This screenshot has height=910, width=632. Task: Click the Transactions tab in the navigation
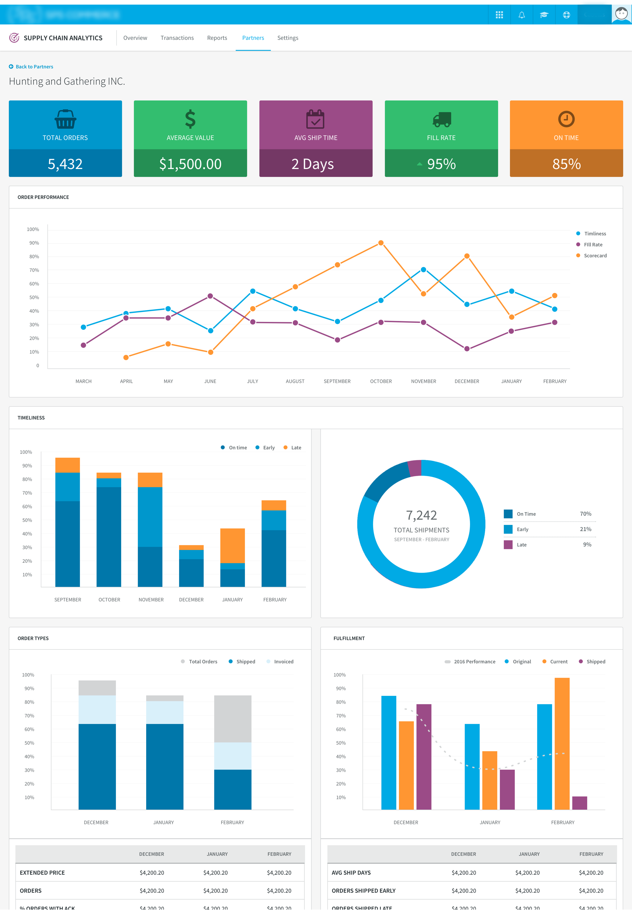tap(177, 38)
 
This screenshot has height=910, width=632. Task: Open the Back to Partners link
tap(34, 67)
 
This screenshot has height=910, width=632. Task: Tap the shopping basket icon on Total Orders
tap(65, 119)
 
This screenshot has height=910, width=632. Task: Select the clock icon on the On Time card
tap(566, 119)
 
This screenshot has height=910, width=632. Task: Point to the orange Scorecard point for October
tap(381, 243)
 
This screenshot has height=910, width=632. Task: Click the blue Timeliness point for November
tap(423, 270)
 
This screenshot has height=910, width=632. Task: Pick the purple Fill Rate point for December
tap(467, 349)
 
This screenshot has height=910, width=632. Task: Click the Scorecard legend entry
tap(595, 256)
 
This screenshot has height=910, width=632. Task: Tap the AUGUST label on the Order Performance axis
tap(295, 381)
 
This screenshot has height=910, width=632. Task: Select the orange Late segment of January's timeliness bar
tap(232, 545)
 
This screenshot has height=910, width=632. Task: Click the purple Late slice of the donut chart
tap(415, 468)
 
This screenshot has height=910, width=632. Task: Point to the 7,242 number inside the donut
tap(421, 515)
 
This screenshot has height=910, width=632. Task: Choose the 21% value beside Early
tap(585, 529)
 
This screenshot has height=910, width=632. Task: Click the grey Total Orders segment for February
tap(232, 719)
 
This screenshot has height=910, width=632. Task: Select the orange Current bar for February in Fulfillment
tap(562, 743)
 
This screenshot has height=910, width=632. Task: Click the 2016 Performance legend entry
tap(474, 662)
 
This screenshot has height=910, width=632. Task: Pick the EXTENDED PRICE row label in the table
tap(42, 872)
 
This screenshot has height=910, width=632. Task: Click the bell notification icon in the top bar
tap(521, 15)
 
